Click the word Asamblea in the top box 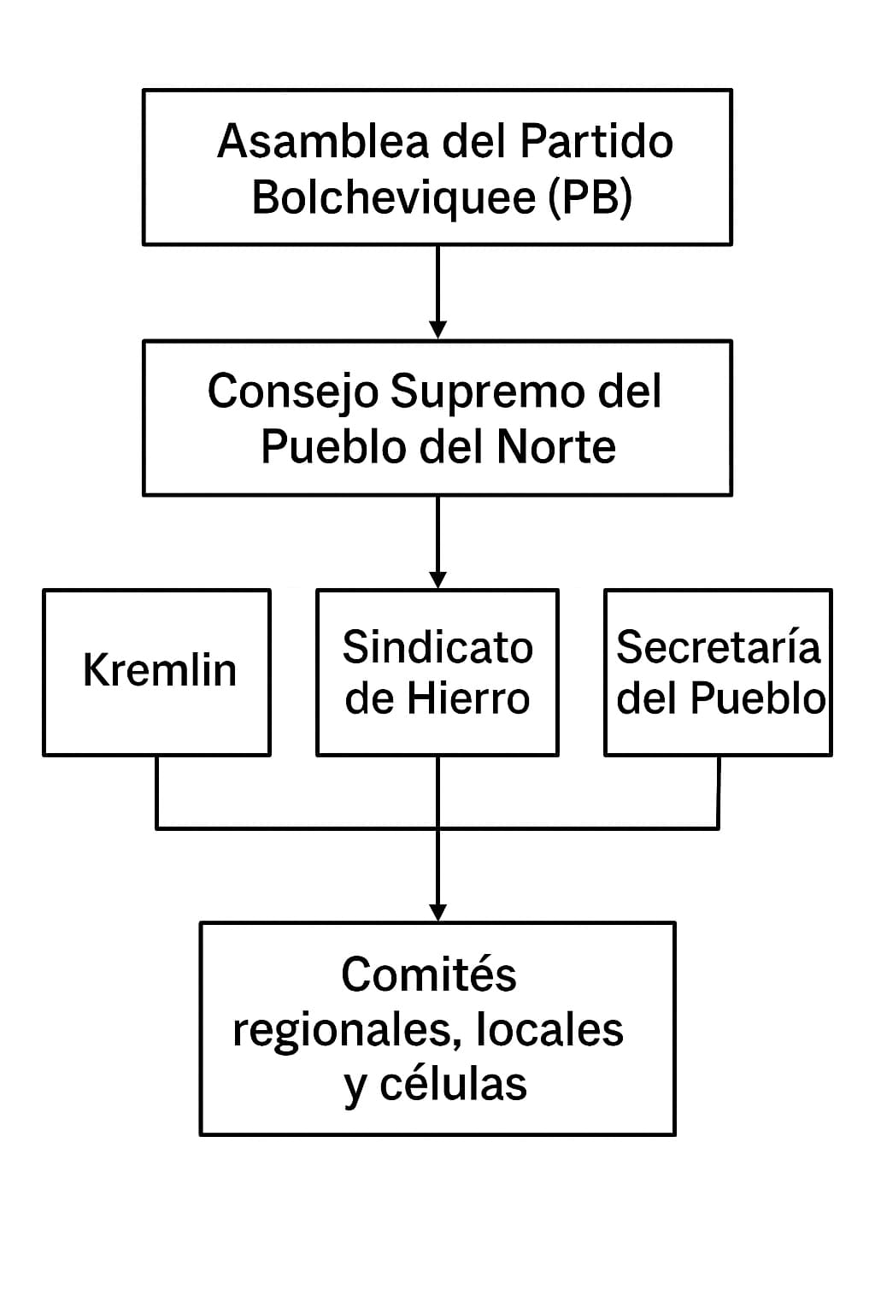pyautogui.click(x=322, y=142)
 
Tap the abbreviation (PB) pyautogui.click(x=590, y=197)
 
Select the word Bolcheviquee pyautogui.click(x=394, y=197)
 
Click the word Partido pyautogui.click(x=596, y=142)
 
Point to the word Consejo pyautogui.click(x=292, y=392)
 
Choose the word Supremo pyautogui.click(x=487, y=392)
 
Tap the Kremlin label pyautogui.click(x=160, y=670)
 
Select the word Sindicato pyautogui.click(x=437, y=647)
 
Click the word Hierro pyautogui.click(x=467, y=698)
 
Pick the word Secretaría pyautogui.click(x=718, y=647)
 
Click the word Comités pyautogui.click(x=429, y=974)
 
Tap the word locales pyautogui.click(x=549, y=1029)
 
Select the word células pyautogui.click(x=453, y=1084)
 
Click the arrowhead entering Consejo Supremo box pyautogui.click(x=437, y=330)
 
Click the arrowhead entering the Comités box pyautogui.click(x=437, y=912)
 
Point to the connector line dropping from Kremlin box pyautogui.click(x=156, y=791)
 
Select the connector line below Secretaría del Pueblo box pyautogui.click(x=718, y=791)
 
